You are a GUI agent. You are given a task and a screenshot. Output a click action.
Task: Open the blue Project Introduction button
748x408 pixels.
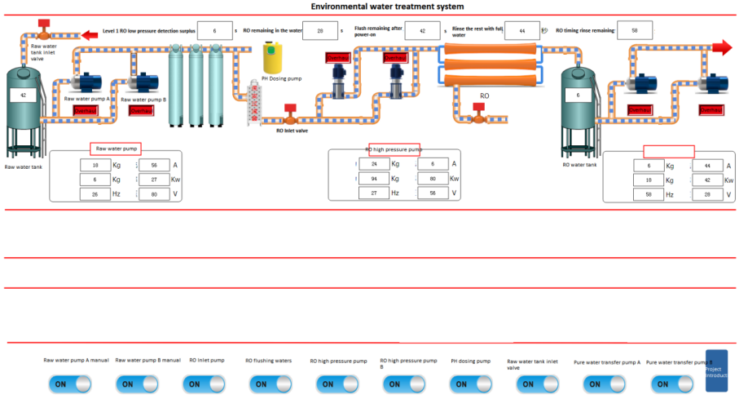point(715,370)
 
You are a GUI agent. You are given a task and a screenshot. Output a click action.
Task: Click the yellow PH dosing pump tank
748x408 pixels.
point(273,58)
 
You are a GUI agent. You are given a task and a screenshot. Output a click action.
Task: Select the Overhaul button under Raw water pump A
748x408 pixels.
point(85,110)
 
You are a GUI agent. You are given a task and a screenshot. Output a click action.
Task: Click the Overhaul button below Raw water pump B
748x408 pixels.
point(140,110)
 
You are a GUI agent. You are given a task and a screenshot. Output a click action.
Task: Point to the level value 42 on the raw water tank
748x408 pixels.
point(24,95)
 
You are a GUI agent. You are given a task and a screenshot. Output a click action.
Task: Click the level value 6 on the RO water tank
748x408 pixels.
point(578,95)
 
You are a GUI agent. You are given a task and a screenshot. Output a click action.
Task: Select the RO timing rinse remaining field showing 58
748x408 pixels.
point(635,30)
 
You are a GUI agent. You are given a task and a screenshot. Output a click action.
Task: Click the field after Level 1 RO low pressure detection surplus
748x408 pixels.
point(214,30)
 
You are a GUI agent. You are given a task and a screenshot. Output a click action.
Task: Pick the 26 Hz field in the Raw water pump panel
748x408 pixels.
point(95,194)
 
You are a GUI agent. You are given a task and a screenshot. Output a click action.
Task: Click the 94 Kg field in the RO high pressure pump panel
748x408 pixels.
point(373,178)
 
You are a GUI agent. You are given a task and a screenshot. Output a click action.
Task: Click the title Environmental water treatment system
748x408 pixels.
point(387,6)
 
